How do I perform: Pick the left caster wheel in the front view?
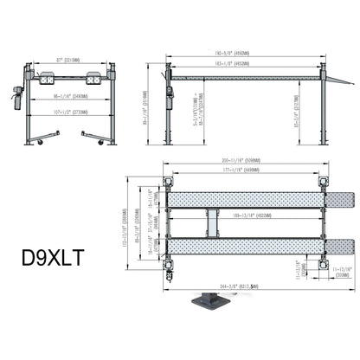[x=30, y=140]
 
